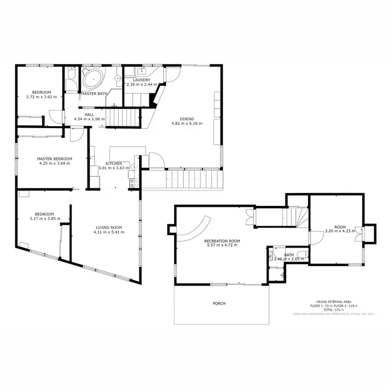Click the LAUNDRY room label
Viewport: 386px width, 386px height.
point(142,80)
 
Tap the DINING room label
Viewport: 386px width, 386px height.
point(187,118)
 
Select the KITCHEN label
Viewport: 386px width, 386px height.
point(114,163)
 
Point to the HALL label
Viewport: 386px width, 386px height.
point(90,115)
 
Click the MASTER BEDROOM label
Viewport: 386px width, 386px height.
point(54,159)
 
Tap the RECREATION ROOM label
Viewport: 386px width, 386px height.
point(222,241)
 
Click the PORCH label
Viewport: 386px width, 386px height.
point(219,303)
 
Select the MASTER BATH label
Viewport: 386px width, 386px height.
point(93,94)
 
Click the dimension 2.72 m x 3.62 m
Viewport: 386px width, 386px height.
point(41,96)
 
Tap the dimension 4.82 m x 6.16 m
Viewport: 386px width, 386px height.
point(186,124)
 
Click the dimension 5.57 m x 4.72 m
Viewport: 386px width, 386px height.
point(222,245)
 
